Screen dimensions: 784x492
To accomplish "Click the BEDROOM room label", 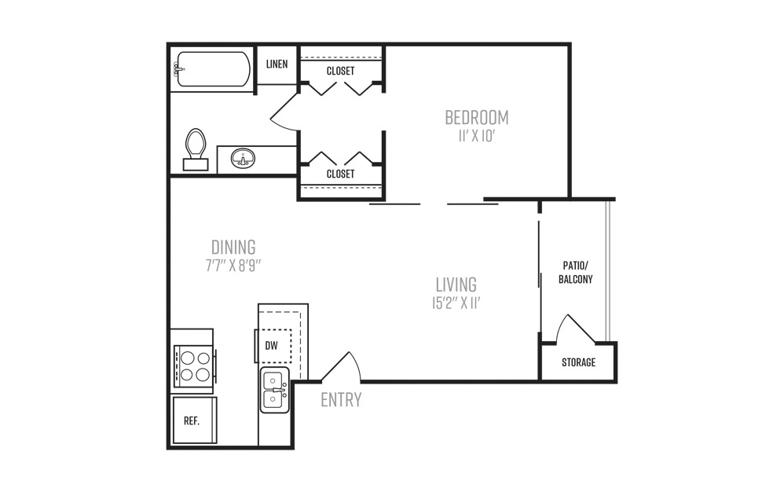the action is pyautogui.click(x=477, y=118).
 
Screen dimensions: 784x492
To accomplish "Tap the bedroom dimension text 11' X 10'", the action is pyautogui.click(x=477, y=136).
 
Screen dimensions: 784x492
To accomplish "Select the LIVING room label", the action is pyautogui.click(x=456, y=285).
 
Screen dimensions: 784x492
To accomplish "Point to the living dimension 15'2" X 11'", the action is pyautogui.click(x=456, y=303).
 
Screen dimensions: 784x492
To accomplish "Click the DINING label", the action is pyautogui.click(x=233, y=247).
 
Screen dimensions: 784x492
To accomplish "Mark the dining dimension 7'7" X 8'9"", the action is pyautogui.click(x=233, y=266).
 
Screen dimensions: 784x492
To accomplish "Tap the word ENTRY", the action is pyautogui.click(x=341, y=399).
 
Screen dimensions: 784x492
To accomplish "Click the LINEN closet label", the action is pyautogui.click(x=277, y=64).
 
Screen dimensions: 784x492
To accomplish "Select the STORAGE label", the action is pyautogui.click(x=578, y=362).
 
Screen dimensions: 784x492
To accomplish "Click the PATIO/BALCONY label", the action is pyautogui.click(x=576, y=272).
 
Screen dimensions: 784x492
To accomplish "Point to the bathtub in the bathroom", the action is pyautogui.click(x=212, y=69).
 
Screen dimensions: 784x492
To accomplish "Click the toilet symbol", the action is pyautogui.click(x=196, y=149).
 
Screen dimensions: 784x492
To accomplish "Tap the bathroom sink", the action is pyautogui.click(x=243, y=159).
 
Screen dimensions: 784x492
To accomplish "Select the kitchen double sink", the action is pyautogui.click(x=274, y=390).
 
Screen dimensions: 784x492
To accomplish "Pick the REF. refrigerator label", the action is pyautogui.click(x=192, y=421).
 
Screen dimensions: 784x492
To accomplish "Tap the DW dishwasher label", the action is pyautogui.click(x=271, y=346).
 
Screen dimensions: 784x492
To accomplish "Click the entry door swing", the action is pyautogui.click(x=342, y=366).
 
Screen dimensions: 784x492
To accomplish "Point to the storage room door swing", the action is pyautogui.click(x=576, y=329).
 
